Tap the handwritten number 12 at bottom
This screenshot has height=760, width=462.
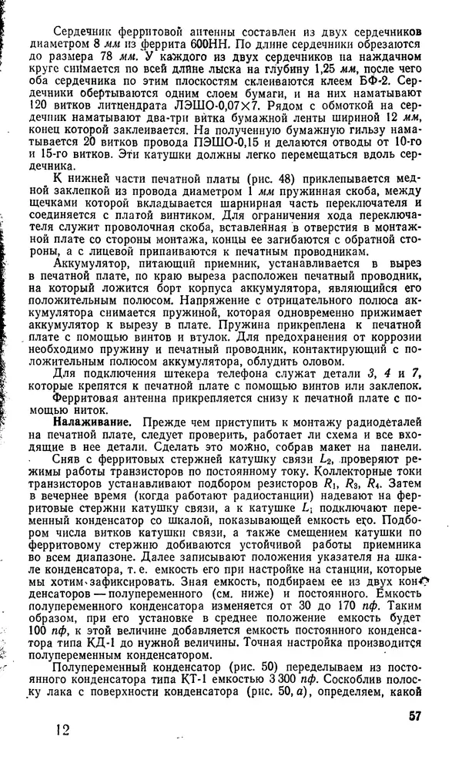67,729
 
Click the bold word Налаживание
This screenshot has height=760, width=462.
91,423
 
